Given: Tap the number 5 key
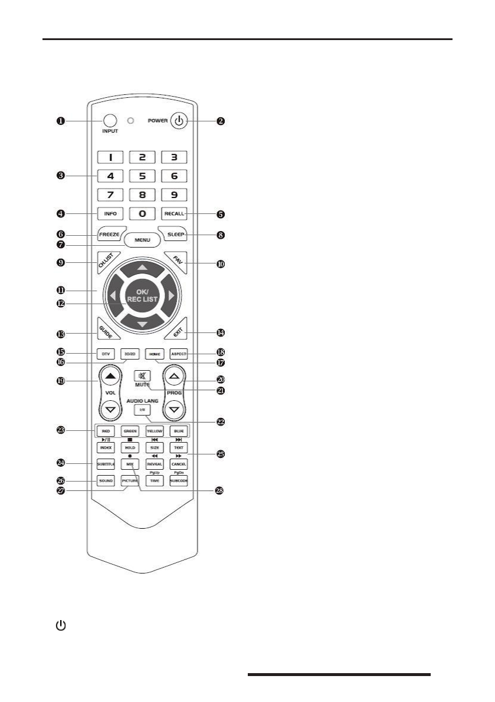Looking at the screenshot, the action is click(142, 176).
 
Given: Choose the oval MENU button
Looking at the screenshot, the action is click(142, 240).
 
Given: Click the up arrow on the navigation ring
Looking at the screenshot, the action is click(142, 268).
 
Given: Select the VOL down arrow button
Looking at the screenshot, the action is click(109, 408).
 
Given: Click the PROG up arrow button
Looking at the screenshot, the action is click(173, 375).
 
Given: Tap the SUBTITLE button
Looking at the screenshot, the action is click(106, 465).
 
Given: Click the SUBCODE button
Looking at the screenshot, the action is click(178, 481).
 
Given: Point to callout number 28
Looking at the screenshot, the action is click(219, 490).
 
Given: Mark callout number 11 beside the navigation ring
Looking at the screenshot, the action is click(60, 291).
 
